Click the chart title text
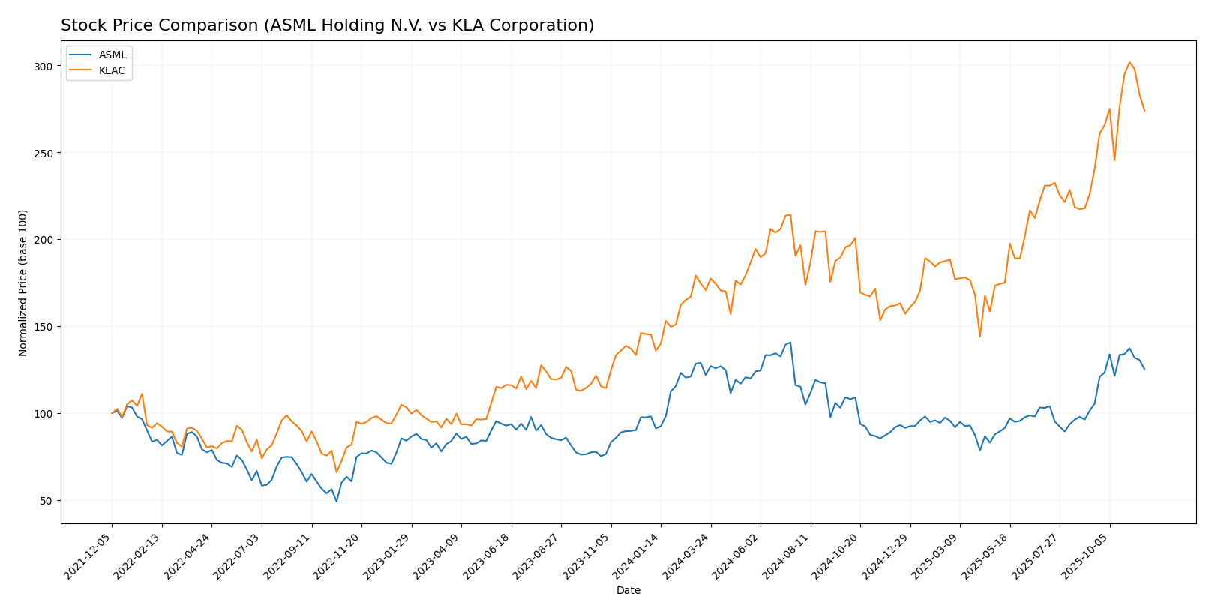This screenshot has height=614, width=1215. coord(327,25)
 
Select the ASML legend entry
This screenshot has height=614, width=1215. coord(112,55)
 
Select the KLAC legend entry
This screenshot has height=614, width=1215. coord(112,71)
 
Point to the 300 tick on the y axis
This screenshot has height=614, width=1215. coord(43,66)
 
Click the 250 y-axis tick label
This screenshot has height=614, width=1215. coord(43,153)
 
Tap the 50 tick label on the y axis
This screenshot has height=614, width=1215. coord(46,500)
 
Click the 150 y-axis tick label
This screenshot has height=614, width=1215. coord(43,327)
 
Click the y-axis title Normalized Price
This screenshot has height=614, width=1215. coord(23,283)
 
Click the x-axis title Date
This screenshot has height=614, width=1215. coord(628,590)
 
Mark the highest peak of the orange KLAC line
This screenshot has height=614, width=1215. coord(1129,62)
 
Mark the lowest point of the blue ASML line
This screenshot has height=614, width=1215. coord(336,501)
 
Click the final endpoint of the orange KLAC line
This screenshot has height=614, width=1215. coord(1144,111)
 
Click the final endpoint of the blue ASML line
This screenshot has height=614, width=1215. coord(1144,369)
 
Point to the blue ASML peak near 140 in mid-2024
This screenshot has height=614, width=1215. coord(790,343)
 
